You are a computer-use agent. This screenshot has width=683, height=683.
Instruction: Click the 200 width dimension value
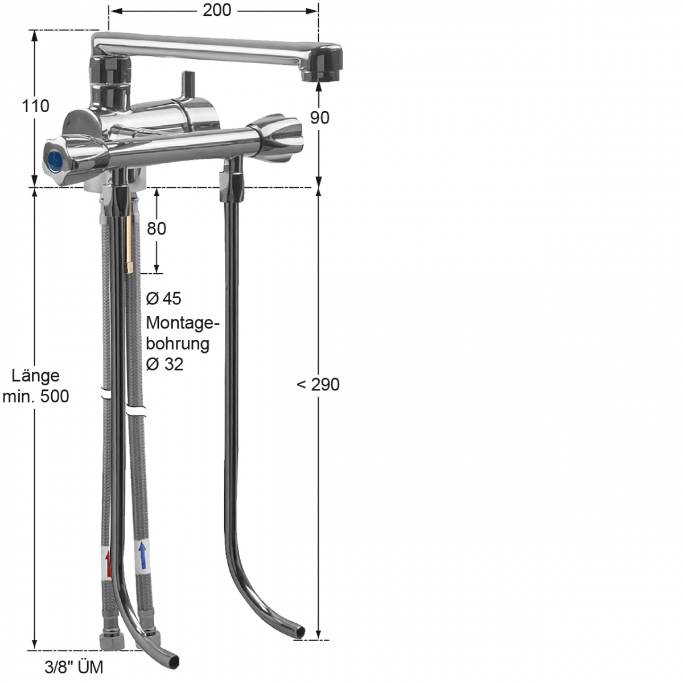coord(216,10)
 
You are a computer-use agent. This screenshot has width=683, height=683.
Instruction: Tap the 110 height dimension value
coord(35,106)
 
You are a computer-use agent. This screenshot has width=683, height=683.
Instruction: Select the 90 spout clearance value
coord(320,118)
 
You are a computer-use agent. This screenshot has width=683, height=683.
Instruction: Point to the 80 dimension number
coord(157,229)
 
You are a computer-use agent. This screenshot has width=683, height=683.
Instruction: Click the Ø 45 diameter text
coord(164,298)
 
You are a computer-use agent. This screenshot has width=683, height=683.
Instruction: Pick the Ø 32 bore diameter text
coord(165,364)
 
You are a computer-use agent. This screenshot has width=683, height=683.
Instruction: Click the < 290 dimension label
coord(318,385)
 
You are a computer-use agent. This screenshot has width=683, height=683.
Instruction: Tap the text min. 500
coord(35,396)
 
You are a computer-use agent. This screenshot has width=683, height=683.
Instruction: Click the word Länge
coord(35,376)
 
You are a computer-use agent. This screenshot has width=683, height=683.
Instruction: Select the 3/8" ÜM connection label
coord(74,668)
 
